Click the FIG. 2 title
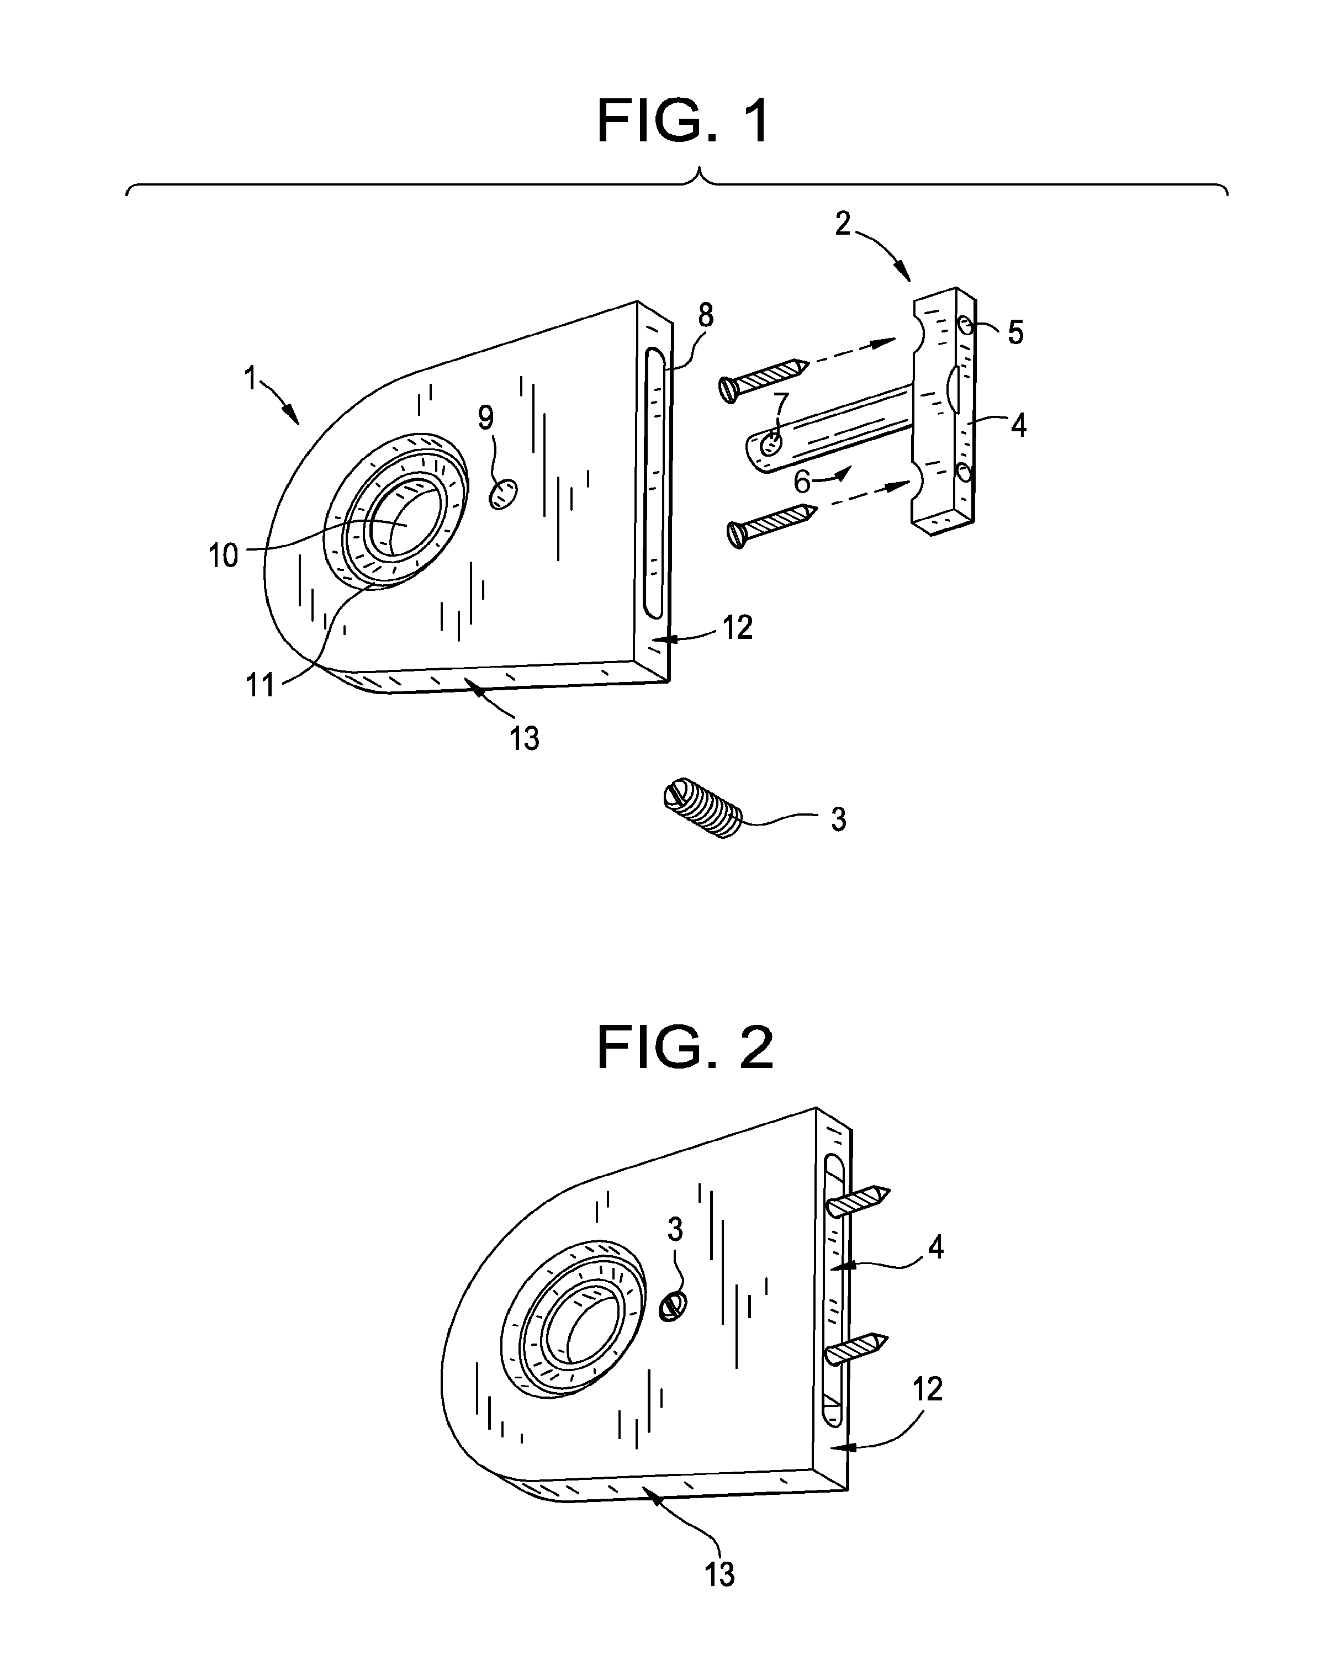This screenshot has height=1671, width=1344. (x=685, y=1047)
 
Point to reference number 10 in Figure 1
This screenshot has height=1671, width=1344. (x=223, y=556)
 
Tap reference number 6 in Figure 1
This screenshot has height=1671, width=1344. (x=802, y=482)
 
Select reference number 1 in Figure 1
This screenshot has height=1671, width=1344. (x=250, y=379)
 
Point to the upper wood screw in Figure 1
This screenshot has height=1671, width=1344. (x=764, y=380)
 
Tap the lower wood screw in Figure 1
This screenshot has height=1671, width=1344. (x=772, y=525)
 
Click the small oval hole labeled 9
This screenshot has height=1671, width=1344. (x=503, y=493)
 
